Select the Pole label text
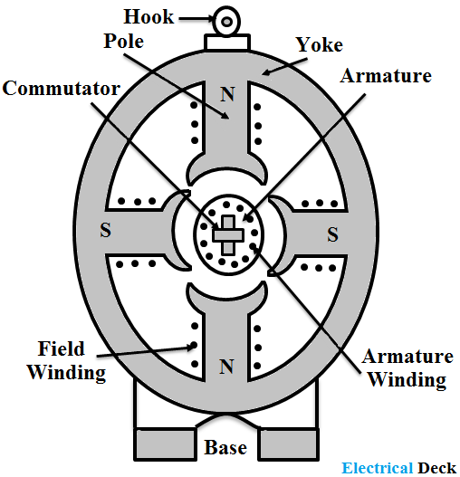pyautogui.click(x=122, y=42)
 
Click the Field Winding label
pyautogui.click(x=66, y=360)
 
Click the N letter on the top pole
pyautogui.click(x=227, y=93)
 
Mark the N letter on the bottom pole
pyautogui.click(x=227, y=367)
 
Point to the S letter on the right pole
pyautogui.click(x=332, y=234)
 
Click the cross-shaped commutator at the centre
pyautogui.click(x=226, y=234)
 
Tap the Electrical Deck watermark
pyautogui.click(x=399, y=467)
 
